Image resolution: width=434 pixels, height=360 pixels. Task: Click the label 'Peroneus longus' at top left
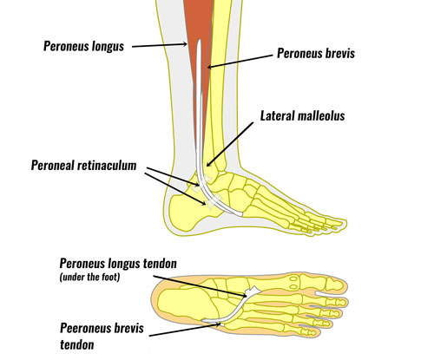83,46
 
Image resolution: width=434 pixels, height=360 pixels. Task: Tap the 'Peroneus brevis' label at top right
316,53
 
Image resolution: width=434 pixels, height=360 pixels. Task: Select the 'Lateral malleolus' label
303,115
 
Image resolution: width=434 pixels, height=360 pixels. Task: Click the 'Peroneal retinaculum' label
83,166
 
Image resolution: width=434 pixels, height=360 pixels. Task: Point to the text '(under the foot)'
89,277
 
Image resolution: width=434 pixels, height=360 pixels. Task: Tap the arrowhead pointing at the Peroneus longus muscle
185,44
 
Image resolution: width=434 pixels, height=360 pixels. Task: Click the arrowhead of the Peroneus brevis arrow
210,67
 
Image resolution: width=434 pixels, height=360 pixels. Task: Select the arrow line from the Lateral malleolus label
230,144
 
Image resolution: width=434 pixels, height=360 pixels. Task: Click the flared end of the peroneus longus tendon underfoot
252,291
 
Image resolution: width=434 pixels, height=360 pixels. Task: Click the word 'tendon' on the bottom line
77,345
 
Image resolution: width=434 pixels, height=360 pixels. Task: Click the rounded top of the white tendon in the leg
199,43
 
